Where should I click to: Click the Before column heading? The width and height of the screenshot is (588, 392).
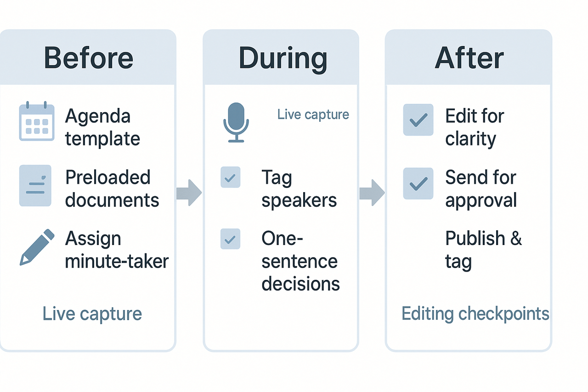(88, 58)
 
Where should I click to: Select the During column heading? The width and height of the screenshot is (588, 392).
(283, 58)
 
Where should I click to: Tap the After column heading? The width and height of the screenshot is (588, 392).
(469, 58)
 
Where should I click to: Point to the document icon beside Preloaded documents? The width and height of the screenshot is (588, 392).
(35, 186)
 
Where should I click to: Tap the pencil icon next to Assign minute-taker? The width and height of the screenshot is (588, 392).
(37, 247)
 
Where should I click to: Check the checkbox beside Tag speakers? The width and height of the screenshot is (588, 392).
(230, 177)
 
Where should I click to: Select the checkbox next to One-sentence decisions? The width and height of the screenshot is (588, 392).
(230, 239)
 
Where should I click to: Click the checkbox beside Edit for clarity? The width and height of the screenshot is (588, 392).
(418, 120)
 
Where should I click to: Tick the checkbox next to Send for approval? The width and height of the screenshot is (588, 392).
(418, 183)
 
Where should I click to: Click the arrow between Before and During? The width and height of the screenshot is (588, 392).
(189, 193)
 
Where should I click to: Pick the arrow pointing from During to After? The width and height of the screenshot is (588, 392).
(372, 193)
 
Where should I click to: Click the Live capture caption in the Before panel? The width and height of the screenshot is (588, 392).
(92, 314)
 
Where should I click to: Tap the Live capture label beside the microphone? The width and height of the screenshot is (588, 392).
(313, 114)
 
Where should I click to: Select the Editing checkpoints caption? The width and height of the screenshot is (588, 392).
(475, 314)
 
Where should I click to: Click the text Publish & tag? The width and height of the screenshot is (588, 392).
(483, 250)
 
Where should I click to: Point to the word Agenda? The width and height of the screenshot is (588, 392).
(97, 116)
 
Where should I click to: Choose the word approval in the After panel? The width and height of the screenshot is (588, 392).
(481, 200)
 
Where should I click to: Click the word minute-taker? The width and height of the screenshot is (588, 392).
(117, 261)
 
